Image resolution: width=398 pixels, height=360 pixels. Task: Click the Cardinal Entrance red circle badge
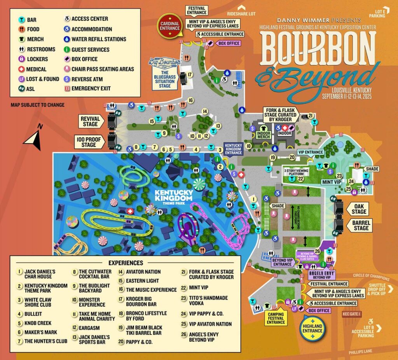click(x=170, y=26)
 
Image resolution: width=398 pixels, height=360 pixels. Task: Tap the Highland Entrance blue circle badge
click(x=312, y=328)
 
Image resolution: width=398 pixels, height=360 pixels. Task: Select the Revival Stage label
click(x=90, y=121)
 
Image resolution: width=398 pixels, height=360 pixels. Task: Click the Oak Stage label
click(x=359, y=209)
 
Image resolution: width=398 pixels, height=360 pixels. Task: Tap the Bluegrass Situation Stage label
click(x=165, y=80)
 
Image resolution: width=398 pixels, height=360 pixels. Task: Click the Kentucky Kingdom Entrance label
click(x=233, y=148)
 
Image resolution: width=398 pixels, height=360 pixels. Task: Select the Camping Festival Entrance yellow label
click(x=276, y=317)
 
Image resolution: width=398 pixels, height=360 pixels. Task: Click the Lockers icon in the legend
click(x=21, y=59)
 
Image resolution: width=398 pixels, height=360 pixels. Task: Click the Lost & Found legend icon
click(x=21, y=79)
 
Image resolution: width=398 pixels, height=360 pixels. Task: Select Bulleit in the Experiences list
click(x=33, y=313)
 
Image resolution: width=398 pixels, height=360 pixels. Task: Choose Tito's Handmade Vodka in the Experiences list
click(x=206, y=301)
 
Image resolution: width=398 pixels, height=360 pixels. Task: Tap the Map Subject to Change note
click(x=37, y=105)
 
